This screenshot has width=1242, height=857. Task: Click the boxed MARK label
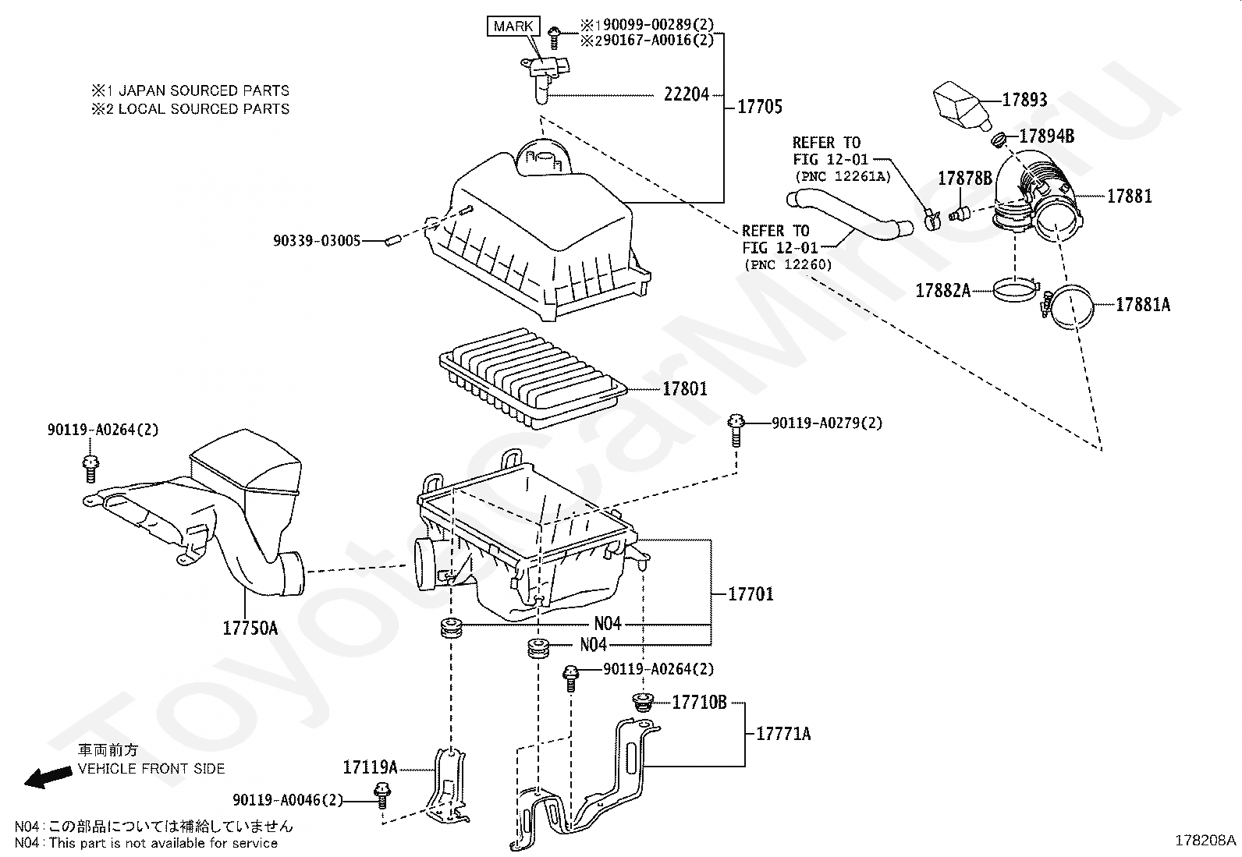click(513, 26)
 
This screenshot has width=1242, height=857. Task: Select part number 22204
click(687, 95)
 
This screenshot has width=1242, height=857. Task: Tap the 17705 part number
click(760, 106)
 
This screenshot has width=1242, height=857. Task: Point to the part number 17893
click(1024, 100)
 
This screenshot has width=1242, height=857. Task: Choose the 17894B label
click(1047, 136)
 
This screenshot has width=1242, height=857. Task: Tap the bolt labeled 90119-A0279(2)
click(736, 430)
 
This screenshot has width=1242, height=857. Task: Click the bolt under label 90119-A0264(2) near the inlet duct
click(90, 469)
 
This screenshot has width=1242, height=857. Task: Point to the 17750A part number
click(250, 628)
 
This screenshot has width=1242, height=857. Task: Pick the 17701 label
click(751, 594)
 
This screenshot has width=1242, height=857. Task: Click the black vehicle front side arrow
click(48, 777)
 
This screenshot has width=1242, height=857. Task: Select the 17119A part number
click(370, 767)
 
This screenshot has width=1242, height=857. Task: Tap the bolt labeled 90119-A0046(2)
click(382, 796)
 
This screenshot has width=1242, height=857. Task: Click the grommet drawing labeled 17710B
click(642, 703)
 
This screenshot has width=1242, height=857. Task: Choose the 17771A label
click(783, 734)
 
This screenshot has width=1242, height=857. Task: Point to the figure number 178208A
click(1205, 841)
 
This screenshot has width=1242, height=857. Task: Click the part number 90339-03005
click(317, 241)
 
